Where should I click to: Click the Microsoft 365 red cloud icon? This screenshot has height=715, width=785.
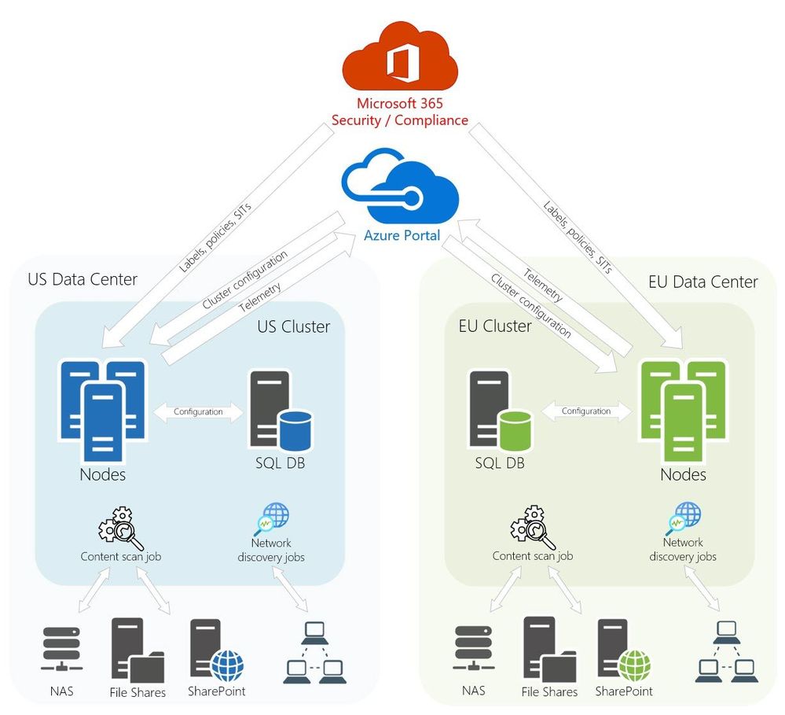399,59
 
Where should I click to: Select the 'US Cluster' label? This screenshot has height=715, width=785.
294,326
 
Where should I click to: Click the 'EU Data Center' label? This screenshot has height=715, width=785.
703,281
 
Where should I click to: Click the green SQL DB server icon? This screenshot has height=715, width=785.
489,409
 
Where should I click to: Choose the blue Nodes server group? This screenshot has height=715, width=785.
103,409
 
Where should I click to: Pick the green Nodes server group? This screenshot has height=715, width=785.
682,409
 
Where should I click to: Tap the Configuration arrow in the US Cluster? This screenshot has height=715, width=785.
198,411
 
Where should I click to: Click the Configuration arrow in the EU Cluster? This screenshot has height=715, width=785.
586,411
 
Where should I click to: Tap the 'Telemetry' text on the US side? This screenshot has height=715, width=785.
260,297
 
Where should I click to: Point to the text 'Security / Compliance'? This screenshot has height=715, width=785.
399,120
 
